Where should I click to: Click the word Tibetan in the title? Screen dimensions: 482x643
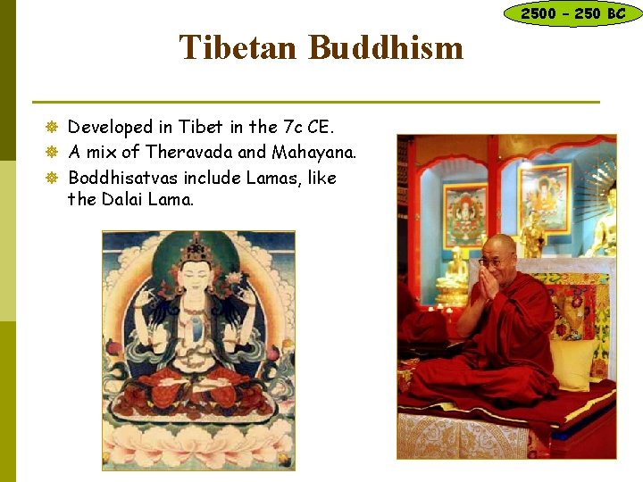click(x=239, y=47)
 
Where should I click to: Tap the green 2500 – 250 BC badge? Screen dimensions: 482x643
click(x=572, y=13)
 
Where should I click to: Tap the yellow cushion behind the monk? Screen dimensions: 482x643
click(x=572, y=361)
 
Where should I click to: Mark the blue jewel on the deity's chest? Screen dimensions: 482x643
click(x=196, y=328)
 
